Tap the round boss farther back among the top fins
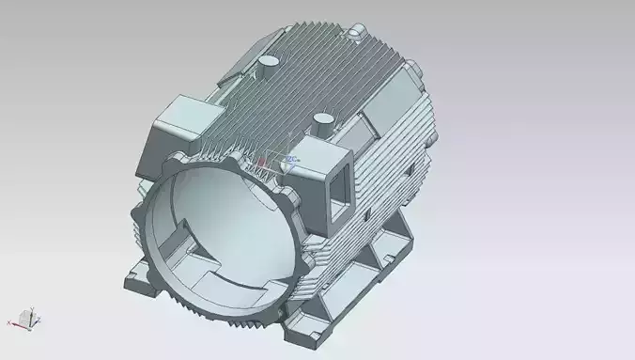[267, 62]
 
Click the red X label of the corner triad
[9, 322]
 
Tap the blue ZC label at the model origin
[292, 159]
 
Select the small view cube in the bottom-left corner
[29, 319]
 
